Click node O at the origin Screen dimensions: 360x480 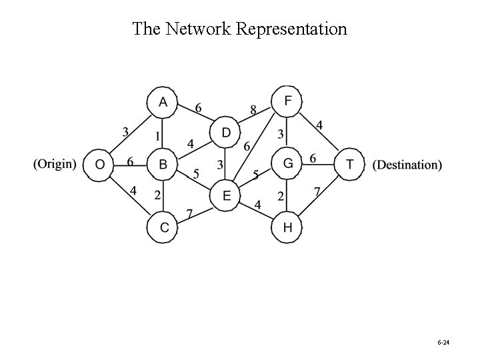tap(99, 164)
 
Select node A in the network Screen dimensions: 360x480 tap(162, 102)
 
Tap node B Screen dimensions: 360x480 tap(162, 164)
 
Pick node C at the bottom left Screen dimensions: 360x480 tap(162, 227)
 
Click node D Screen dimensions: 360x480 tap(225, 133)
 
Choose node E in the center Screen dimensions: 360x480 tap(225, 195)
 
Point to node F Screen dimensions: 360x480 tap(287, 102)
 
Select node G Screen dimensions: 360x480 tap(287, 164)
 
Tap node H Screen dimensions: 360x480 tap(287, 227)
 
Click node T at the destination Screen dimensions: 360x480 tap(350, 164)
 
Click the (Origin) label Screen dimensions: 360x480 tap(55, 164)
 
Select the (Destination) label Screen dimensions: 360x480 tap(407, 164)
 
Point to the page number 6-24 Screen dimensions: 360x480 tap(443, 342)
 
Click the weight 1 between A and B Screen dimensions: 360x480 tap(157, 135)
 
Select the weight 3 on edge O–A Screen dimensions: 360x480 tap(125, 131)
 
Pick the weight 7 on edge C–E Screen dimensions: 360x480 tap(189, 214)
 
